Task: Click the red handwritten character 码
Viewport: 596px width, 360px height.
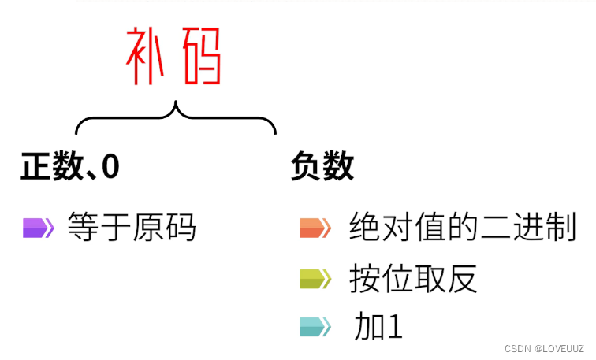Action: pos(201,57)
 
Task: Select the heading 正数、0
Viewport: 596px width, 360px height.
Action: pos(69,167)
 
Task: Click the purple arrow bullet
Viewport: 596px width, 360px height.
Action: pos(38,228)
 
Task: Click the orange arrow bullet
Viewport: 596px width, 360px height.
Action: pos(315,228)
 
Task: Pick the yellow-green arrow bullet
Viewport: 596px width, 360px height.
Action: pos(315,278)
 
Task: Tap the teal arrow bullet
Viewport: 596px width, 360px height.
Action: pos(315,326)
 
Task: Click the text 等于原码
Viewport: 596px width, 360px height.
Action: pos(131,228)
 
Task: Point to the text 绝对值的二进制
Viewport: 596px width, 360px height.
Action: pos(462,228)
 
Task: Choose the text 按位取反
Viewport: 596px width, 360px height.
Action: pos(413,278)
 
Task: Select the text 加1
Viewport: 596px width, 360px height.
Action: pos(378,326)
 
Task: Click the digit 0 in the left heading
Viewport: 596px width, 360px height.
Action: pos(110,167)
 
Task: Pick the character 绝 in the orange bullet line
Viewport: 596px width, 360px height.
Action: pos(365,228)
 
